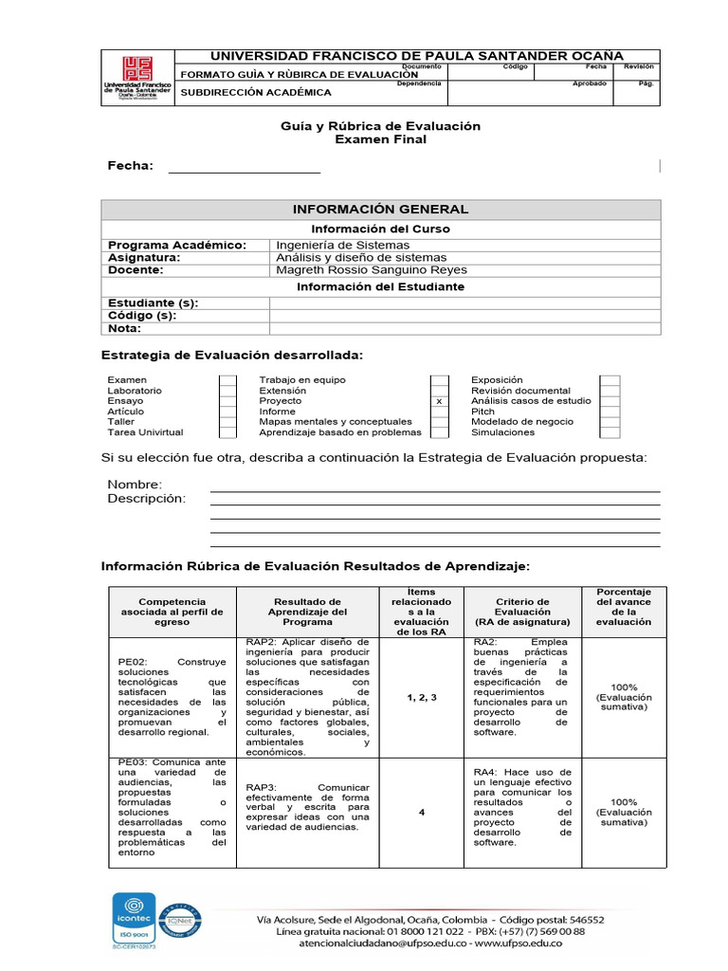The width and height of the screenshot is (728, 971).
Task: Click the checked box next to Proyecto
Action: pyautogui.click(x=439, y=401)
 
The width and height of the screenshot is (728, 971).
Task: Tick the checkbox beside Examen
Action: pyautogui.click(x=227, y=380)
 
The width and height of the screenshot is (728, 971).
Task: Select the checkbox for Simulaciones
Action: pyautogui.click(x=610, y=432)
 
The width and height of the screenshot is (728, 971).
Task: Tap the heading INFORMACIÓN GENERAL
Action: pyautogui.click(x=380, y=210)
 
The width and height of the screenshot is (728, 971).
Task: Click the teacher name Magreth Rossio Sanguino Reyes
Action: pyautogui.click(x=371, y=270)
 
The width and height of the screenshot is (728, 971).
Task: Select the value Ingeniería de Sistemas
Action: pyautogui.click(x=342, y=246)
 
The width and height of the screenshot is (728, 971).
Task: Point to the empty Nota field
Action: pyautogui.click(x=464, y=329)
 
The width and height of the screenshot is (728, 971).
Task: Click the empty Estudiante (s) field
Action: pyautogui.click(x=464, y=303)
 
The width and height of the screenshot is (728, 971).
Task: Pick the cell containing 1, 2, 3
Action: pyautogui.click(x=421, y=697)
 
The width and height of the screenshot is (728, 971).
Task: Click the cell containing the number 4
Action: pyautogui.click(x=421, y=813)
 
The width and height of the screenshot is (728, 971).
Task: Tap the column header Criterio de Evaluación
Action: pyautogui.click(x=522, y=612)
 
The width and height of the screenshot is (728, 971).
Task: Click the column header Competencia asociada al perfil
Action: pyautogui.click(x=172, y=612)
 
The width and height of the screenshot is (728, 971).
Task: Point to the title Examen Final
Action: pyautogui.click(x=381, y=139)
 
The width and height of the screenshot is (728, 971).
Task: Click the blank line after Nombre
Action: pyautogui.click(x=434, y=487)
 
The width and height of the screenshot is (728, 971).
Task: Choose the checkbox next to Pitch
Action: pyautogui.click(x=610, y=412)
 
